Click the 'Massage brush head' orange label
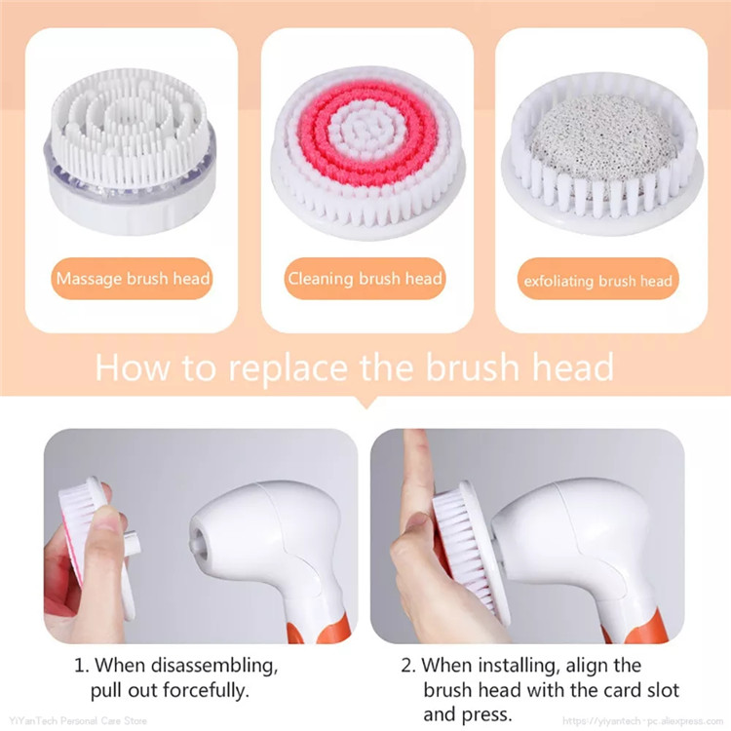pos(133,279)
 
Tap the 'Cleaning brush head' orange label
pos(365,279)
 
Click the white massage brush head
pos(132,146)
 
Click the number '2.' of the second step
pos(407,666)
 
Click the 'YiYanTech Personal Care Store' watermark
pos(75,722)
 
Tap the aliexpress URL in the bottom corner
pos(644,722)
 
